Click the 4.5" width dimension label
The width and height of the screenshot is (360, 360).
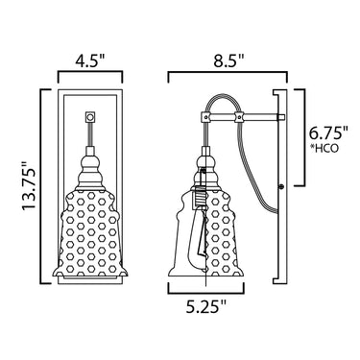[x=90, y=60]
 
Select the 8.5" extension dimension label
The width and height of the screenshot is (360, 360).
[x=228, y=60]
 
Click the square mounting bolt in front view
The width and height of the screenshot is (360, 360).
[x=90, y=117]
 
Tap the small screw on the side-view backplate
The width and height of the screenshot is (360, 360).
[x=281, y=186]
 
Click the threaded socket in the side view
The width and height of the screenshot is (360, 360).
[x=199, y=197]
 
